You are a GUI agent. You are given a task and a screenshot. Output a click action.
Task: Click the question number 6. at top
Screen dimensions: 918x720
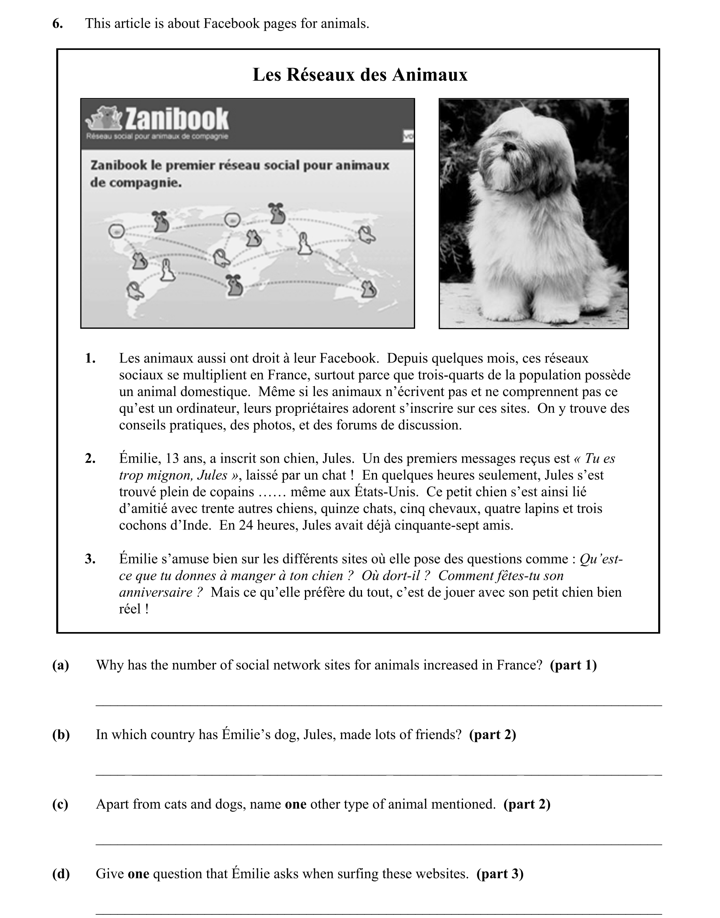point(57,24)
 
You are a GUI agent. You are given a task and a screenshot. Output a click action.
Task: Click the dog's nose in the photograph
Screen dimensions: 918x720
point(509,146)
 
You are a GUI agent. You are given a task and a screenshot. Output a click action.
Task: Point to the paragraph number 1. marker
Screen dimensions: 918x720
point(90,358)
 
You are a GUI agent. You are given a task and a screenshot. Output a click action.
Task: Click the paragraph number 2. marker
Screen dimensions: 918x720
point(90,459)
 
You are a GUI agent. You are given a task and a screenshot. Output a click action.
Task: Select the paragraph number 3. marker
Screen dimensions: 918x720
point(90,559)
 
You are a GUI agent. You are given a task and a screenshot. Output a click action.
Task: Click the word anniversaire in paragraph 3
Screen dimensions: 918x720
point(156,592)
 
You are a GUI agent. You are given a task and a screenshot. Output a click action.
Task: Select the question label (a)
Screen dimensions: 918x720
point(61,665)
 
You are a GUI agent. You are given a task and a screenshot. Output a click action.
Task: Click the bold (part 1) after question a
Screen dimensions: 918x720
point(573,665)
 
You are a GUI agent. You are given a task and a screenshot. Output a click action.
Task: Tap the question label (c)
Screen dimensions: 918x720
point(60,804)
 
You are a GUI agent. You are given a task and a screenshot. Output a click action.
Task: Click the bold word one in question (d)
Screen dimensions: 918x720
point(138,874)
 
